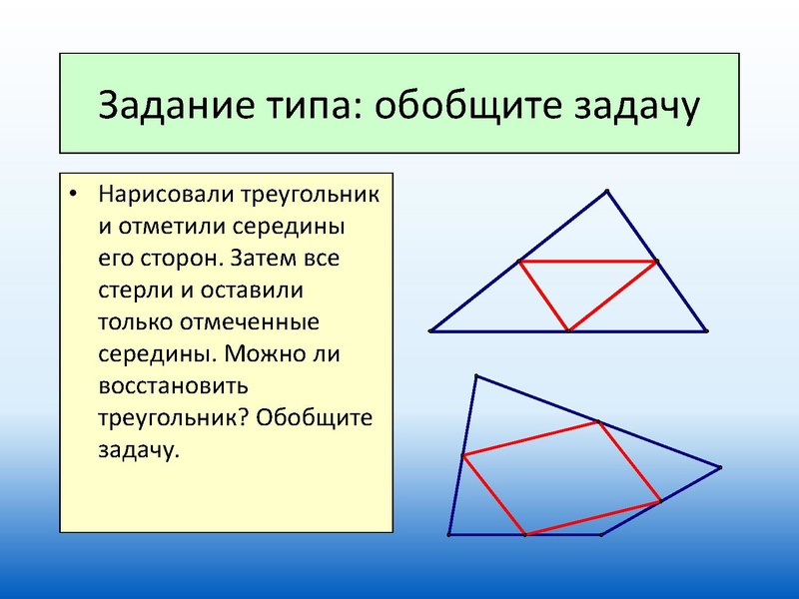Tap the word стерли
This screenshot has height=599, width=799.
pyautogui.click(x=136, y=291)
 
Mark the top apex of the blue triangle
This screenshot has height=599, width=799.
pyautogui.click(x=607, y=191)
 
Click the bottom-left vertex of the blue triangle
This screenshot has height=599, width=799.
pyautogui.click(x=430, y=329)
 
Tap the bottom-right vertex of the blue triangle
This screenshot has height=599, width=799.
pyautogui.click(x=706, y=329)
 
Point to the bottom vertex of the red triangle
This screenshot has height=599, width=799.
pyautogui.click(x=568, y=329)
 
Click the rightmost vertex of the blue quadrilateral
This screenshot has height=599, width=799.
pyautogui.click(x=720, y=466)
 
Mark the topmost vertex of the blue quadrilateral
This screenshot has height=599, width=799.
pyautogui.click(x=476, y=376)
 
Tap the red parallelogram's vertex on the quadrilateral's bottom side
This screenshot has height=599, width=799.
pyautogui.click(x=525, y=534)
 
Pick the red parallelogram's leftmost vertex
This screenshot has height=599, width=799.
pyautogui.click(x=463, y=455)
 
